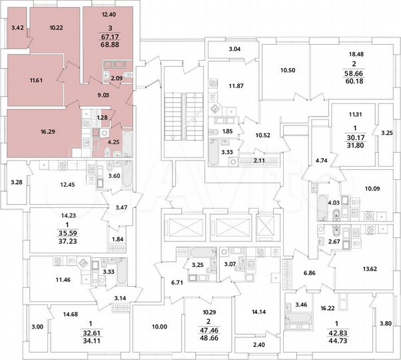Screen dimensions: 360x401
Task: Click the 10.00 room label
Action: [159, 326]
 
